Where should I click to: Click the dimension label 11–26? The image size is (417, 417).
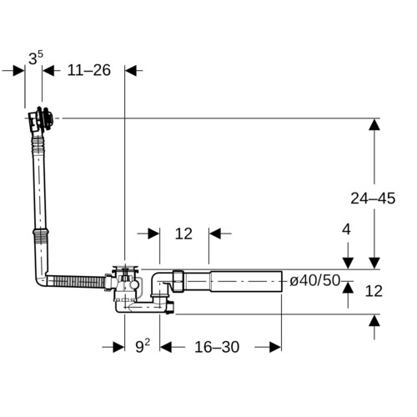(89, 70)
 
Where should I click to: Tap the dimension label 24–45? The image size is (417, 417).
(373, 198)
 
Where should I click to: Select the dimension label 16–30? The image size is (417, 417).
(217, 347)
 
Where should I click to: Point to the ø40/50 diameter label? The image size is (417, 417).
(315, 280)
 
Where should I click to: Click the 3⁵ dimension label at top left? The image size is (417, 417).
(36, 58)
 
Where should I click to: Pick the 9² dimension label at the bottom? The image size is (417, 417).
(143, 346)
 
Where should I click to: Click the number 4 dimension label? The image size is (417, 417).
(346, 229)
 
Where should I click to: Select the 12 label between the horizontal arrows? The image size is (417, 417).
(183, 234)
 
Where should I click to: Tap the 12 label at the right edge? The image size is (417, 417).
(374, 291)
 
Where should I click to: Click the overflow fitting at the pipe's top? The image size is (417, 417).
(41, 120)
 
